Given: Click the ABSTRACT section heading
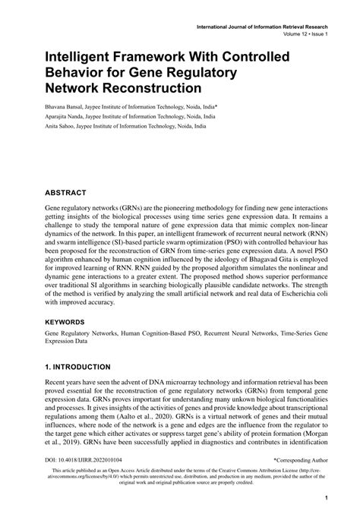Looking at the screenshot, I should pyautogui.click(x=65, y=193).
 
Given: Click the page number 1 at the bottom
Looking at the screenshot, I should pyautogui.click(x=326, y=499).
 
